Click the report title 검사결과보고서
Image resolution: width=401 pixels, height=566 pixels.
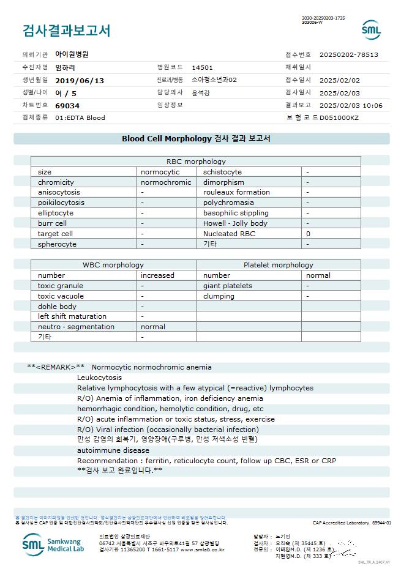(x=66, y=30)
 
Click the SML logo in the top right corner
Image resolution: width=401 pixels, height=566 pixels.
(x=371, y=30)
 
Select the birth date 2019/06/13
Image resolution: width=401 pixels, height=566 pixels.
(x=80, y=80)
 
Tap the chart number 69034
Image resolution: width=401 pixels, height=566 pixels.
(x=67, y=105)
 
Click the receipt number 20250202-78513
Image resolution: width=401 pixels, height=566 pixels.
(x=349, y=54)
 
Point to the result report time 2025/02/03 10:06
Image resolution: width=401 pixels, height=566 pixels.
(x=351, y=105)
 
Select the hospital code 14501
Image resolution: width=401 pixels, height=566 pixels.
(x=202, y=67)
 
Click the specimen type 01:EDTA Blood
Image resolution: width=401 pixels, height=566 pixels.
(x=80, y=117)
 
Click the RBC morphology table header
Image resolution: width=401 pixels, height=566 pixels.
(x=196, y=162)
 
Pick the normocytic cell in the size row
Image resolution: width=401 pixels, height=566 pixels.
(x=160, y=172)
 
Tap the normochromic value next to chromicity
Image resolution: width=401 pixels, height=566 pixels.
(x=166, y=182)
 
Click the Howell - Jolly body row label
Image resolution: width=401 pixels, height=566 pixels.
(x=235, y=223)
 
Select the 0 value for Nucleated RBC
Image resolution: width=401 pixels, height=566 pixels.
(x=309, y=234)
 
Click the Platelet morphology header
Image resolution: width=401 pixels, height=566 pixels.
(x=278, y=265)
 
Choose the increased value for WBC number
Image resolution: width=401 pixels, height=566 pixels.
(x=157, y=275)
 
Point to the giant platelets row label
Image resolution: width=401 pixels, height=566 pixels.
(x=228, y=286)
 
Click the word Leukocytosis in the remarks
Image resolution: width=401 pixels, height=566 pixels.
(x=100, y=378)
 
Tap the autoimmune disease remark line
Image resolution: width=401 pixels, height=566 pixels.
(x=113, y=450)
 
